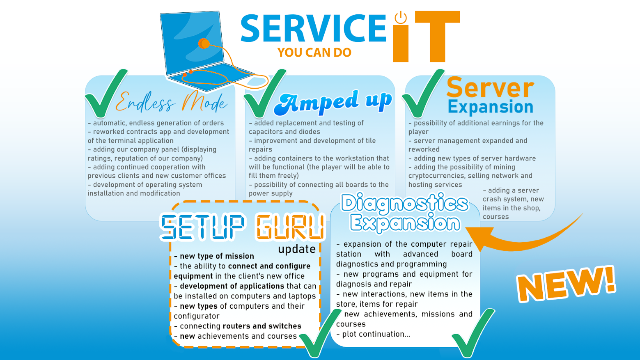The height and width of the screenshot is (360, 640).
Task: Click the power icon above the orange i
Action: pos(401,17)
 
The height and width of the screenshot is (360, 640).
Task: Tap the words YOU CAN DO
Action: pos(314,53)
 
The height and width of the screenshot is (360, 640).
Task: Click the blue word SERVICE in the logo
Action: pos(313,28)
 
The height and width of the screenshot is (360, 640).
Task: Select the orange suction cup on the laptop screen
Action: pos(204,44)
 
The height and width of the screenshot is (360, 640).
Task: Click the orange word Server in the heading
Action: pos(490,88)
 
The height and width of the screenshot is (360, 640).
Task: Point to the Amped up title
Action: pos(333,103)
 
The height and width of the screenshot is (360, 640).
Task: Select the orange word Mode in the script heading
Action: pos(204,103)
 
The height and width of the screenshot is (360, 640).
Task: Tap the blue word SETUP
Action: pos(202,227)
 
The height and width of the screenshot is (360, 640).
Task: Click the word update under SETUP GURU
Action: pos(297,249)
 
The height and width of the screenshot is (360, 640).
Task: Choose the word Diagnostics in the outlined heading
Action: pos(405,203)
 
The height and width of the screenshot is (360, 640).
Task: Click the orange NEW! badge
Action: pos(566,284)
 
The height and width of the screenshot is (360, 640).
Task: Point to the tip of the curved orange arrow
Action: pos(466,228)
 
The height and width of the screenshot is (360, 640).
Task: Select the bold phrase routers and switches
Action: pos(262,326)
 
